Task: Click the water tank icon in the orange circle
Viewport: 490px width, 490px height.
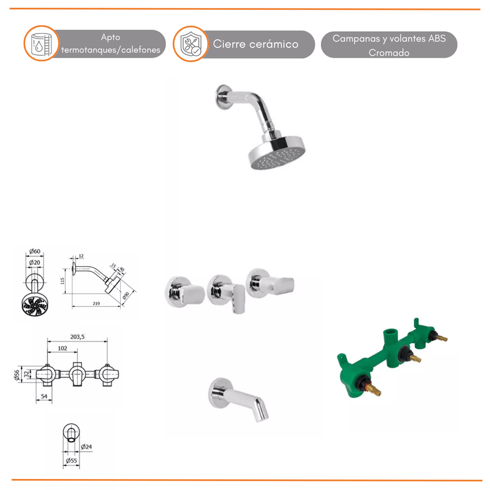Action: point(41,43)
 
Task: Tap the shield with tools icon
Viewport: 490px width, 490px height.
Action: point(191,44)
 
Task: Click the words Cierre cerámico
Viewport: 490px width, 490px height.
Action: point(255,44)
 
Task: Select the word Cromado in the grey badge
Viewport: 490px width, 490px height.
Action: point(389,53)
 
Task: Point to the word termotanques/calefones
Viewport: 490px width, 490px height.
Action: point(111,50)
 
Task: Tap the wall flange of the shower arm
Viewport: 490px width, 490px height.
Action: point(223,97)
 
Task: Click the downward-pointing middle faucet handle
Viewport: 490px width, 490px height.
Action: point(239,298)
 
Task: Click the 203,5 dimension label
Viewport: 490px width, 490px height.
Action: point(77,336)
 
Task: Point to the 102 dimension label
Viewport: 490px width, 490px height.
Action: point(62,348)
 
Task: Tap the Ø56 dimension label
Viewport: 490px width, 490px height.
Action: point(17,374)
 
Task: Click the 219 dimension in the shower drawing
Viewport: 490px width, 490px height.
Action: point(96,303)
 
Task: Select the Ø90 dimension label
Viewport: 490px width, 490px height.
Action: point(126,296)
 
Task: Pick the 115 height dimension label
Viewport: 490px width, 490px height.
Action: point(62,281)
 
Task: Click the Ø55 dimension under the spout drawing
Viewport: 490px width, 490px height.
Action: point(71,461)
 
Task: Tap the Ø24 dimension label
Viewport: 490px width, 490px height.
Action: point(86,447)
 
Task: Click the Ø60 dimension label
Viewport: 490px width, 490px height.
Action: point(35,251)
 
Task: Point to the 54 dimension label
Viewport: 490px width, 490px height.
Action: point(44,396)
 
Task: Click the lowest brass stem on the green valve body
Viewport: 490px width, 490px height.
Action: point(374,390)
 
